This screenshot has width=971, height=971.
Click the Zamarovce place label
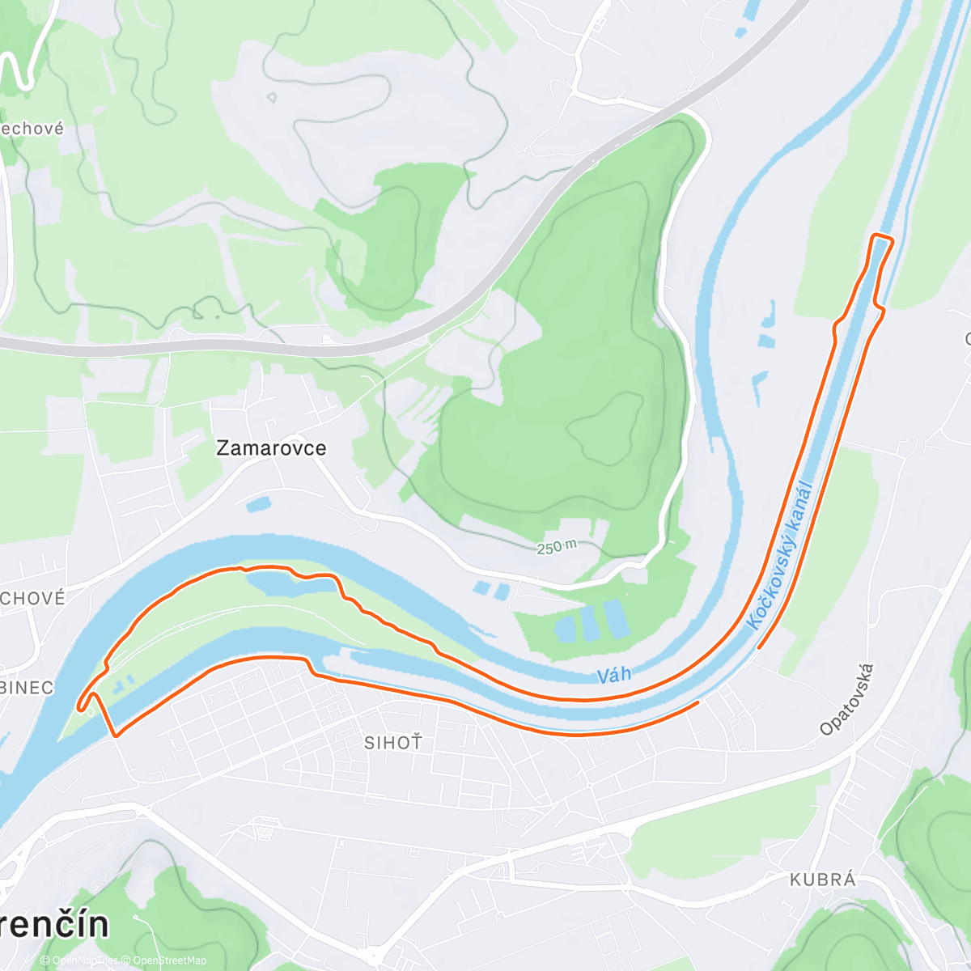tap(271, 448)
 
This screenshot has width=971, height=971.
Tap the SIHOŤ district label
tap(393, 742)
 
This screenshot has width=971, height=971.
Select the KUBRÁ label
tap(822, 880)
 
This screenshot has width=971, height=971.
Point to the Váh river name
tap(613, 675)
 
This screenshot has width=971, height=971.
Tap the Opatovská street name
tap(847, 699)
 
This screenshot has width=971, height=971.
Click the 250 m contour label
tap(557, 548)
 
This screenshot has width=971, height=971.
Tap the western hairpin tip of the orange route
tap(81, 707)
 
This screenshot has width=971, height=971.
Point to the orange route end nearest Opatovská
tap(759, 647)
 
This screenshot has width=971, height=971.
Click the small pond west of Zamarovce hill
tap(258, 505)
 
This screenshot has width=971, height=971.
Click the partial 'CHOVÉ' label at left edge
tap(32, 598)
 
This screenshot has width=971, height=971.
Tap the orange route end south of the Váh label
tap(697, 703)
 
